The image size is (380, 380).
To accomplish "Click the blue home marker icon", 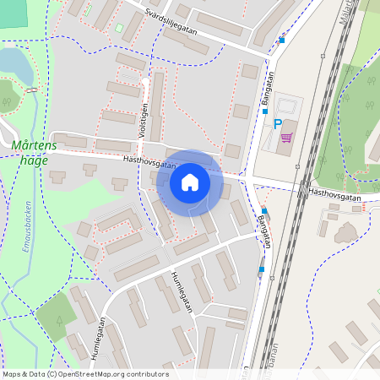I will click(x=190, y=182).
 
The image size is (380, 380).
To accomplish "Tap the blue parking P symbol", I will click(x=278, y=124).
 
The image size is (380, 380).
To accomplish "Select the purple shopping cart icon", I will click(x=286, y=137).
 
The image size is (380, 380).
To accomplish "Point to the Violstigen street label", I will click(x=145, y=120).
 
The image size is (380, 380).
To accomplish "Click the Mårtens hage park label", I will click(x=34, y=152).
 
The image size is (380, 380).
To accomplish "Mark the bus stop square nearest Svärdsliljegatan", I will click(x=282, y=40).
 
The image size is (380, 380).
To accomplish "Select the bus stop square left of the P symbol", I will click(x=264, y=111).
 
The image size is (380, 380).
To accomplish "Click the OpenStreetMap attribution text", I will click(x=85, y=374).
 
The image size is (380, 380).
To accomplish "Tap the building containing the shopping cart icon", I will click(x=292, y=139).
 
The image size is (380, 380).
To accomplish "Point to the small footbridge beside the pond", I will click(x=31, y=90).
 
